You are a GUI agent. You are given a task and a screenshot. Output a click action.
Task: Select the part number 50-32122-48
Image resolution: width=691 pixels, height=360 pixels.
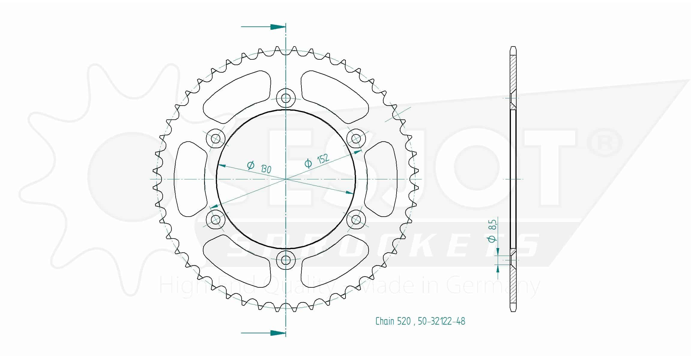(441, 321)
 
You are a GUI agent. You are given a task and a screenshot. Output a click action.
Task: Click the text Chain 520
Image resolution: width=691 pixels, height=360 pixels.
(393, 321)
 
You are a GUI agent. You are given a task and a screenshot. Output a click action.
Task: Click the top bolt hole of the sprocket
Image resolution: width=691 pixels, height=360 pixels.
(286, 98)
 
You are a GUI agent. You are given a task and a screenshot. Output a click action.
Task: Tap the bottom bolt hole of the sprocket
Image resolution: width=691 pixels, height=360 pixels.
(286, 260)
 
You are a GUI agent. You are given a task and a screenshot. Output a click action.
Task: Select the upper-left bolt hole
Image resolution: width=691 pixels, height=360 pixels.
(216, 139)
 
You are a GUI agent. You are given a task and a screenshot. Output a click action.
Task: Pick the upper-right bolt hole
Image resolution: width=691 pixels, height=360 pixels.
(356, 139)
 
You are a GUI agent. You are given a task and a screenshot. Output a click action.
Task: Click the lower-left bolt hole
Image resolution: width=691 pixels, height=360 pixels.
(216, 220)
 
